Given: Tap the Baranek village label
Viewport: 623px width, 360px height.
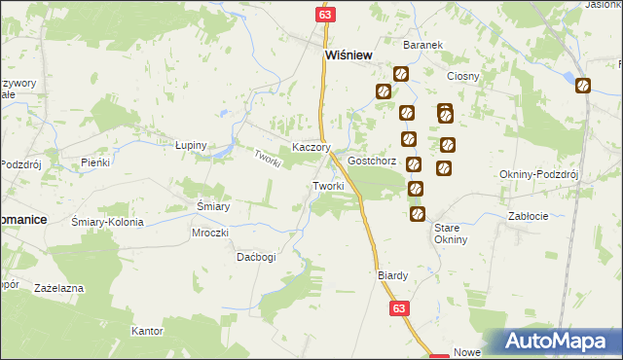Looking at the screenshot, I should point(423,45).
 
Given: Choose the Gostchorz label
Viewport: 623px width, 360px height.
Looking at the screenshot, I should point(372,161).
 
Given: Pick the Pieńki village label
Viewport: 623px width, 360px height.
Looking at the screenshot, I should point(95,162).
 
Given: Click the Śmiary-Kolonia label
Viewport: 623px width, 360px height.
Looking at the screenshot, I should point(108,222).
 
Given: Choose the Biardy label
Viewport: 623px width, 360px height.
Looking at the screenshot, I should point(392,275).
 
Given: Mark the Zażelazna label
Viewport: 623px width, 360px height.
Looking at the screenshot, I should point(58,289).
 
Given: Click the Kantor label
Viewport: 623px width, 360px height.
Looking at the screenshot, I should point(146,331).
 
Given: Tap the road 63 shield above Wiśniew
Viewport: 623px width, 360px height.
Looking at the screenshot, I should point(325,15).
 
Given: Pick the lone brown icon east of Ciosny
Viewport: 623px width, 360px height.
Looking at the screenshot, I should point(583,86).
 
